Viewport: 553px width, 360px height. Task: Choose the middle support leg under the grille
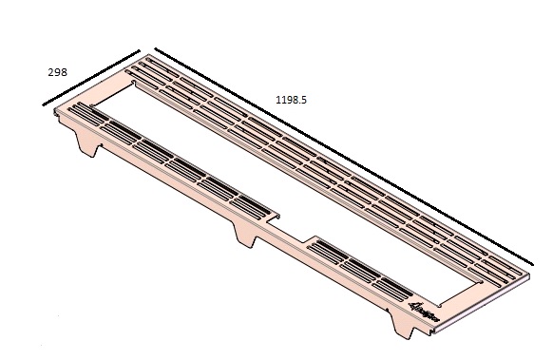[x=245, y=235]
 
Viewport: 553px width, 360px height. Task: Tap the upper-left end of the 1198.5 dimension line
[x=155, y=48]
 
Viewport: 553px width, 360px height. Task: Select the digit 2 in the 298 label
[x=51, y=71]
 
